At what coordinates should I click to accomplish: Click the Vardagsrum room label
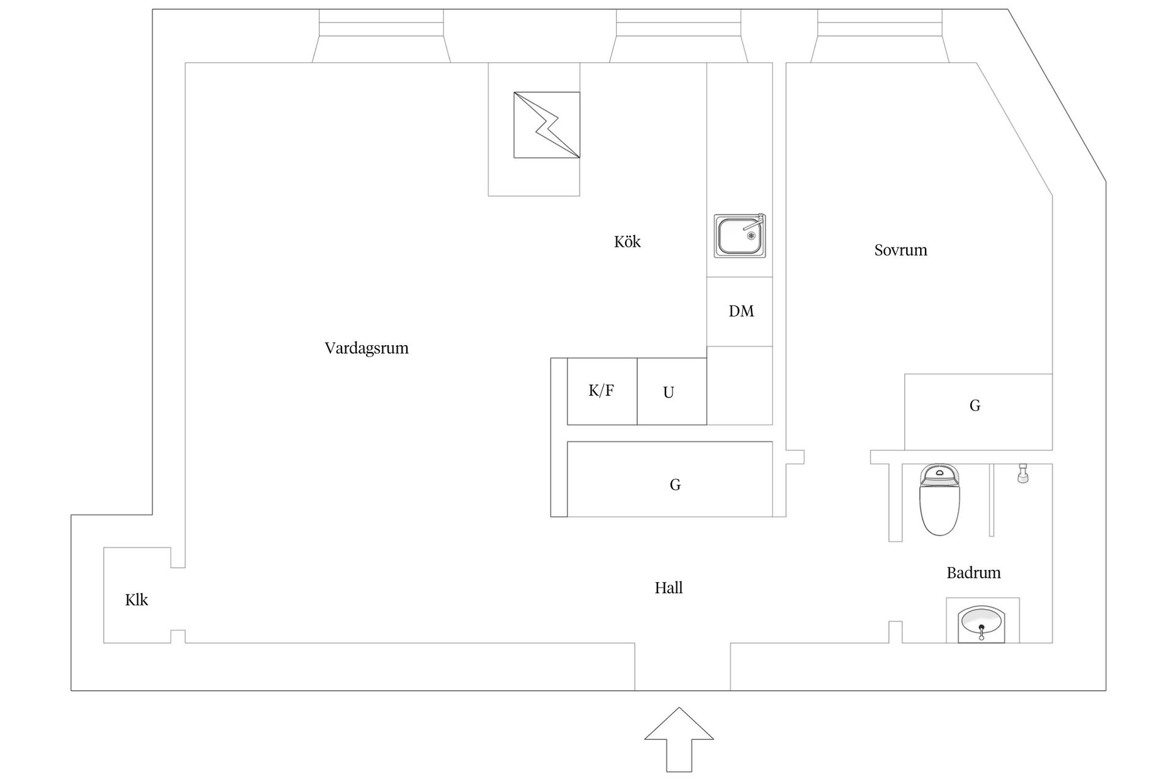pos(367,348)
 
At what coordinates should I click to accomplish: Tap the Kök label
pos(627,242)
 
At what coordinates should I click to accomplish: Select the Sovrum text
pos(901,250)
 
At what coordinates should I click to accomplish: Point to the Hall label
pos(668,588)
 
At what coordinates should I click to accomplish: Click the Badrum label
pos(974,573)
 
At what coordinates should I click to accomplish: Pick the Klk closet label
pos(137,600)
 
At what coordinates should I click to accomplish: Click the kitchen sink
pos(740,235)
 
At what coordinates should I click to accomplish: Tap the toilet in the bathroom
pos(940,500)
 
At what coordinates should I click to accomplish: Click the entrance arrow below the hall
pos(679,739)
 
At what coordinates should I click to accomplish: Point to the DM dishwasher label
pos(741,312)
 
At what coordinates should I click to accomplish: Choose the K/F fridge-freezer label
pos(601,391)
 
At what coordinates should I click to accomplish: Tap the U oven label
pos(668,393)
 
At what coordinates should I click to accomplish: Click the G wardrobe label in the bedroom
pos(975,406)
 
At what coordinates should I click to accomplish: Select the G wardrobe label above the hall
pos(675,485)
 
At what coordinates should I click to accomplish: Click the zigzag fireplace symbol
pos(547,125)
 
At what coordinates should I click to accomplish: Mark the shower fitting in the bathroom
pos(1023,473)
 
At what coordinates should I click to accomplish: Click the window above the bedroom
pos(880,36)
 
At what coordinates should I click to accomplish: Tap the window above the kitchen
pos(679,36)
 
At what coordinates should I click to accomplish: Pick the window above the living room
pos(381,36)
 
